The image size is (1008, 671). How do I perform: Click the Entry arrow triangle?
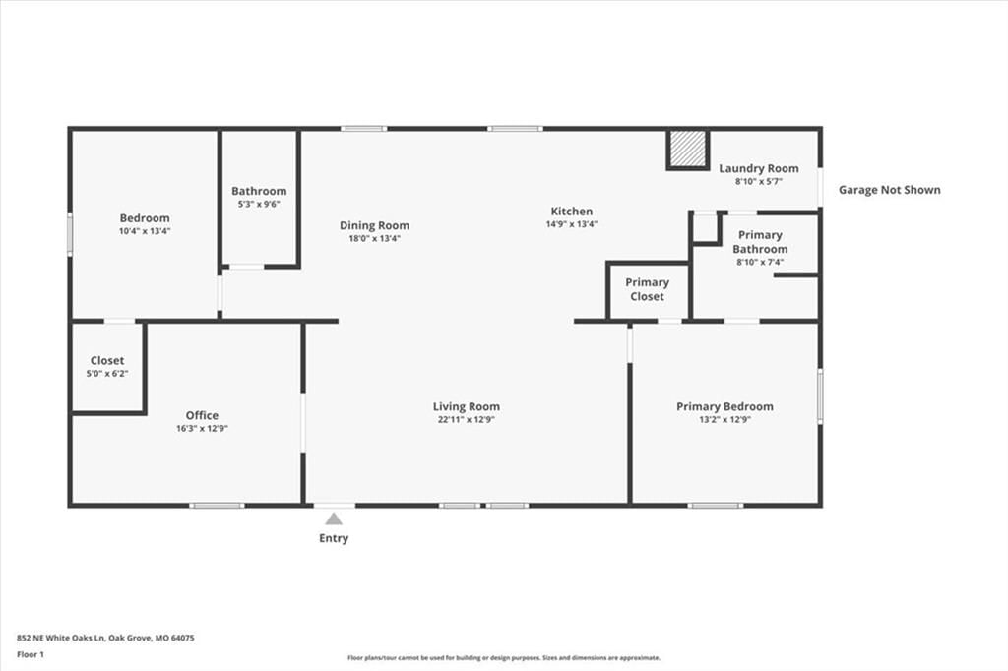tap(334, 518)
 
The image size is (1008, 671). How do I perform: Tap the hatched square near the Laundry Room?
tap(687, 150)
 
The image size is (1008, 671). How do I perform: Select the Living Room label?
tap(466, 406)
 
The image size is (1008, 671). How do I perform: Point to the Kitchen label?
tap(572, 211)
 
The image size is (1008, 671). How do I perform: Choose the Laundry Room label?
tap(759, 168)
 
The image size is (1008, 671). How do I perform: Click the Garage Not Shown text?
tap(889, 190)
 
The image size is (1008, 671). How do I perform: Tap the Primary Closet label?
tap(648, 289)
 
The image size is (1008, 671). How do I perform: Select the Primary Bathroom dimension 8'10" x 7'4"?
tap(760, 263)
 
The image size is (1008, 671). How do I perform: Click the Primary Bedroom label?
tap(724, 406)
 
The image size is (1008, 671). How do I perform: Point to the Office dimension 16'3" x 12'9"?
tap(202, 429)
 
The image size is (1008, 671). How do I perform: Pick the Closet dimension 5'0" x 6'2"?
tap(107, 374)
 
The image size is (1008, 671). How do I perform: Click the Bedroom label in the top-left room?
tap(145, 217)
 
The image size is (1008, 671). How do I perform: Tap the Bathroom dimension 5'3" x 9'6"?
tap(259, 205)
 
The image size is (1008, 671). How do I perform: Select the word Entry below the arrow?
tap(334, 538)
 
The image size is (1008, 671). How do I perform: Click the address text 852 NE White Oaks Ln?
tap(62, 639)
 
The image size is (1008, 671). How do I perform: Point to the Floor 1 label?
tap(31, 655)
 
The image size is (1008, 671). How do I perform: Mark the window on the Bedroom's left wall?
tap(70, 234)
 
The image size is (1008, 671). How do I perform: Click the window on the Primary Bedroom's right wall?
tap(820, 396)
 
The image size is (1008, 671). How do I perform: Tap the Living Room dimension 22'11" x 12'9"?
tap(466, 420)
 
